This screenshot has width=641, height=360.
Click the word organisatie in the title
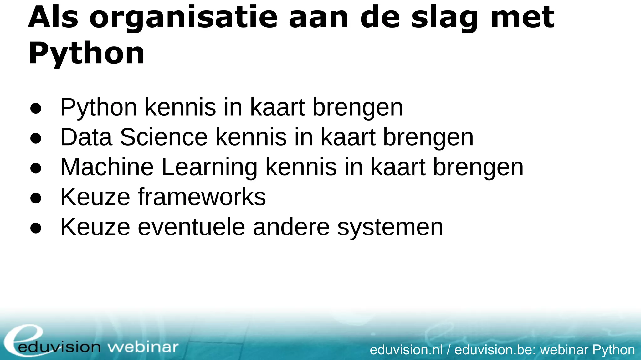pyautogui.click(x=183, y=18)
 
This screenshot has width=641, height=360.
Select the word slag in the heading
pyautogui.click(x=445, y=18)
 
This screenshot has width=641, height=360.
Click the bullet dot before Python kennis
pyautogui.click(x=36, y=108)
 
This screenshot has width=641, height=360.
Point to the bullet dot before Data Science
pyautogui.click(x=36, y=138)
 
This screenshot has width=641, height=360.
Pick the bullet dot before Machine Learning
pyautogui.click(x=36, y=168)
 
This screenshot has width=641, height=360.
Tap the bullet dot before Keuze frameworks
pyautogui.click(x=36, y=198)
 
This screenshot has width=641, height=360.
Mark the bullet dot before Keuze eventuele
pyautogui.click(x=36, y=228)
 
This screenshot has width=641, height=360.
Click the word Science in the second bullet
pyautogui.click(x=164, y=137)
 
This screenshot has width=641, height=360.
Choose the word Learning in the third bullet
pyautogui.click(x=209, y=168)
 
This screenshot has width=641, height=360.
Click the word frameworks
pyautogui.click(x=202, y=197)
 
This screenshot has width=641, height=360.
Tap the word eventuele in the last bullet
pyautogui.click(x=191, y=227)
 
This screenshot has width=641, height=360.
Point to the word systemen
pyautogui.click(x=390, y=228)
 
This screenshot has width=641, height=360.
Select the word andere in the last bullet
pyautogui.click(x=291, y=227)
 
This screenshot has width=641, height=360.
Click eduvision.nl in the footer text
pyautogui.click(x=406, y=350)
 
